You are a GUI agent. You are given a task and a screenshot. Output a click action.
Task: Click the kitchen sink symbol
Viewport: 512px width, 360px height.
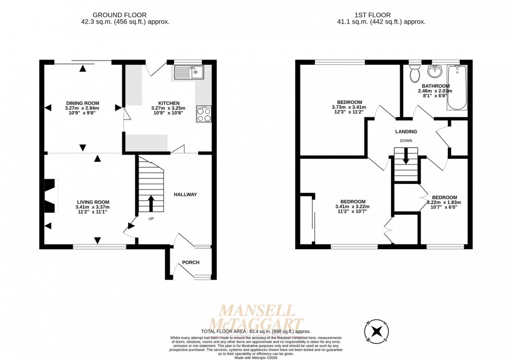[189, 72]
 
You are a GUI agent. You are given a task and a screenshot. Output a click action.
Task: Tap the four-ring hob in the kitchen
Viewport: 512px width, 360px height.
[203, 114]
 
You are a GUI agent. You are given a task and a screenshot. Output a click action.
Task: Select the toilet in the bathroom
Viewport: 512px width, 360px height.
[415, 74]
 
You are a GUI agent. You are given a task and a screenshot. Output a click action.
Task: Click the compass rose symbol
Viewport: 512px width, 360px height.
[376, 330]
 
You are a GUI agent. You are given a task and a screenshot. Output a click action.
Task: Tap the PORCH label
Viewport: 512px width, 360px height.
[191, 262]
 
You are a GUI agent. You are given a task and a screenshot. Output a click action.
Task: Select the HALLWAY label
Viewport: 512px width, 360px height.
[185, 194]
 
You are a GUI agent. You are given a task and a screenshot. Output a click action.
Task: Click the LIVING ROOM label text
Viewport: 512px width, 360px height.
[93, 202]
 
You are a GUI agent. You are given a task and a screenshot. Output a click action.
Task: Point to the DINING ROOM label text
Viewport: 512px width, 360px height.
[82, 103]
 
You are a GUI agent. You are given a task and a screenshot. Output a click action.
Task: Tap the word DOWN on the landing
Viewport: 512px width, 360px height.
[406, 141]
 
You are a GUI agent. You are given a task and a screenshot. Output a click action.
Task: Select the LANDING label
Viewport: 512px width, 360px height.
[406, 132]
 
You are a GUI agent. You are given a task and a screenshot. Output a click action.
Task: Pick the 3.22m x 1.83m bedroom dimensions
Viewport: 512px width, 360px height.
[444, 203]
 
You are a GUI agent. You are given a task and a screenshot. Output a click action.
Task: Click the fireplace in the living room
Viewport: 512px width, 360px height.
[50, 195]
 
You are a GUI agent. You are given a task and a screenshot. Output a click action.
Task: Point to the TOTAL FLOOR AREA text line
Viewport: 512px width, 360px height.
[255, 331]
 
